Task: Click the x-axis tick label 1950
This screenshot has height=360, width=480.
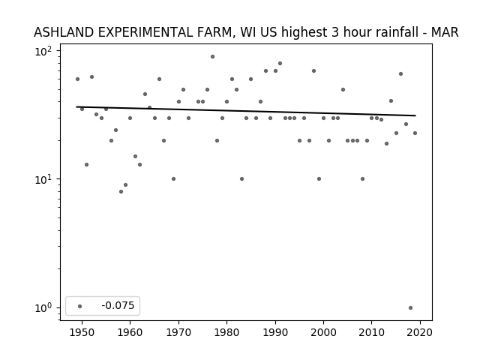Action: [x=82, y=332]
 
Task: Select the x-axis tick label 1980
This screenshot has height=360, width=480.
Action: [x=226, y=332]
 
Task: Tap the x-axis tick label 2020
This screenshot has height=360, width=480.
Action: [x=420, y=332]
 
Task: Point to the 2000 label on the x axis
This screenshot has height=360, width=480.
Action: [x=323, y=332]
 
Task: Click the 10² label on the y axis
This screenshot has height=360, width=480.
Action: [x=43, y=51]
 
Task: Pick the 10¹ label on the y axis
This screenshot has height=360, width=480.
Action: [x=43, y=179]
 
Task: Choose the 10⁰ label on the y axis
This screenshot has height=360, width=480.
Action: [x=43, y=308]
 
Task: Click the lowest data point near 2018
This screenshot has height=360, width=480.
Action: [x=410, y=308]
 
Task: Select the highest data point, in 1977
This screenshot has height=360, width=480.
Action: [x=212, y=57]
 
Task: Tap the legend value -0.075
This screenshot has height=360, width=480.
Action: [x=118, y=305]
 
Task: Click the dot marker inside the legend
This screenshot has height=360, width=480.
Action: [x=80, y=306]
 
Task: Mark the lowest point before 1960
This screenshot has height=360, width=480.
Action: [x=121, y=192]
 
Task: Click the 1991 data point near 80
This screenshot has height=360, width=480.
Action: [x=280, y=64]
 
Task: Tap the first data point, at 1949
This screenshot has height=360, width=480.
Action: [x=77, y=79]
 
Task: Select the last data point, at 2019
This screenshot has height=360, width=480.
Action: [x=415, y=133]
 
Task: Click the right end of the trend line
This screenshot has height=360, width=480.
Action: [x=415, y=115]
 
